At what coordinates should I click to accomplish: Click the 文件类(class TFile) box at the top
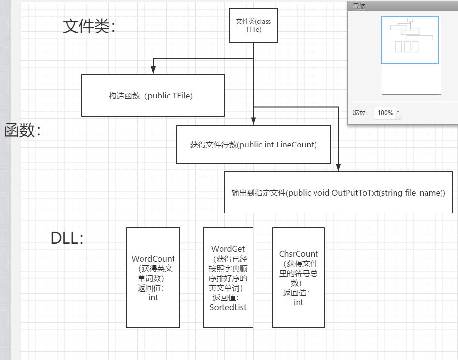(253, 26)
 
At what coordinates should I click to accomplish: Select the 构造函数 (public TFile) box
(153, 96)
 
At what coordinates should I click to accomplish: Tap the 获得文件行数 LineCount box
(253, 145)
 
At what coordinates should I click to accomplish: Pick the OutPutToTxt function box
(338, 193)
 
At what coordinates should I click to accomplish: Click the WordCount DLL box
(153, 278)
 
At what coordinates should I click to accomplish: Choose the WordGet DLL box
(228, 278)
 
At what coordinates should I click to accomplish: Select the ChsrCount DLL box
(299, 278)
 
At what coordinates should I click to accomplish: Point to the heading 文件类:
(89, 27)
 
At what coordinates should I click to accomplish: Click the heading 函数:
(22, 131)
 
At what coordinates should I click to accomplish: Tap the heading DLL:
(67, 238)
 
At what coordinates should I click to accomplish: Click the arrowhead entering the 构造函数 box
(153, 71)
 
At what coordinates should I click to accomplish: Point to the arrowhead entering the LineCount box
(253, 123)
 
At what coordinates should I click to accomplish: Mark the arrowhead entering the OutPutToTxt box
(338, 168)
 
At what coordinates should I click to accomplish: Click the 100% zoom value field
(385, 113)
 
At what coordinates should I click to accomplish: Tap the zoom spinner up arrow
(398, 111)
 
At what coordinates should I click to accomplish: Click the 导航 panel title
(359, 6)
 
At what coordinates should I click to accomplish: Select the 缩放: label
(360, 113)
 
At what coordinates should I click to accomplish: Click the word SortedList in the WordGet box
(228, 307)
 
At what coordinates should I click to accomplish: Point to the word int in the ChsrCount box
(299, 302)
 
